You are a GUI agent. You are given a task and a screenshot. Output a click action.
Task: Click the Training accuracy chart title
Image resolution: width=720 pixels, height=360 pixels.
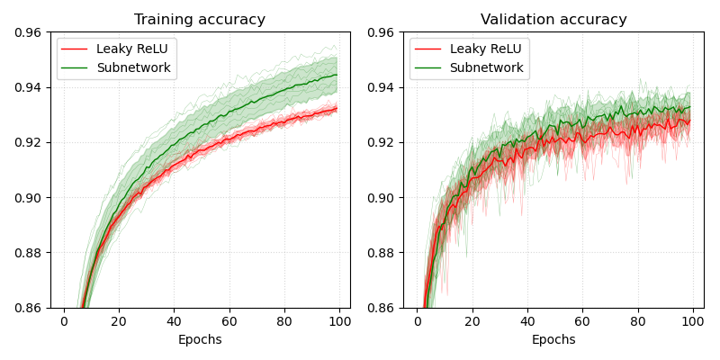point(200,20)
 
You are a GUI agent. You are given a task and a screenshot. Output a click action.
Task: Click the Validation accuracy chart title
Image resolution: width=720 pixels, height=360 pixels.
point(553,20)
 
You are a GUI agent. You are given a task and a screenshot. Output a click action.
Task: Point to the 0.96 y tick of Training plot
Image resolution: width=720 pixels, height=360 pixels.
point(25,32)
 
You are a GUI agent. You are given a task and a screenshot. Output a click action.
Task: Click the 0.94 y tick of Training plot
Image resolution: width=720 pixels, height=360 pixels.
point(25,87)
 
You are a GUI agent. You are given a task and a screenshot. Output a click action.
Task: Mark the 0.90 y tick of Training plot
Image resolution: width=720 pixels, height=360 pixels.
point(25,198)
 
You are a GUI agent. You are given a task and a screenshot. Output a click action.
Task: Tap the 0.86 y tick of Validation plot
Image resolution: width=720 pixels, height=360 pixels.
point(379,308)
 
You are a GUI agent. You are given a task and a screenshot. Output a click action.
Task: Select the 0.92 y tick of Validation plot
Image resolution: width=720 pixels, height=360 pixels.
point(379,142)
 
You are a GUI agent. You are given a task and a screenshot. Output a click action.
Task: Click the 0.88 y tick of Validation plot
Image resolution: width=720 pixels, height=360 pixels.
point(379,253)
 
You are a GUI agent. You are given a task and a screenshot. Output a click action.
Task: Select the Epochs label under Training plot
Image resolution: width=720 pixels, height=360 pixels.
point(200,339)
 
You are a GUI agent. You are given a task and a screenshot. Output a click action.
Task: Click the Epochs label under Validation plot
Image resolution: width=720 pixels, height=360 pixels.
point(553,339)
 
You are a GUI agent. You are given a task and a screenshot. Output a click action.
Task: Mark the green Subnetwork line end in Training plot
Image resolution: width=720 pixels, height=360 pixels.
point(337,75)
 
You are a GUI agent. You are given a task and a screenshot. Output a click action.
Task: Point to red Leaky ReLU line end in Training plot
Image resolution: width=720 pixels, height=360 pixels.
point(337,109)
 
